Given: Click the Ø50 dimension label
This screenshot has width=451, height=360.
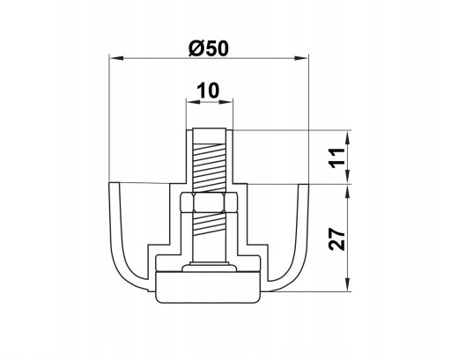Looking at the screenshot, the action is pyautogui.click(x=208, y=48).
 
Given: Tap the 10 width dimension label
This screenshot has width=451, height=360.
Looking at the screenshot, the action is pyautogui.click(x=208, y=91).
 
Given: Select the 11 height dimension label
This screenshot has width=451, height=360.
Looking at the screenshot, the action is pyautogui.click(x=337, y=158).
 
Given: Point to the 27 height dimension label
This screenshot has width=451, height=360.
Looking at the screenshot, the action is pyautogui.click(x=336, y=239).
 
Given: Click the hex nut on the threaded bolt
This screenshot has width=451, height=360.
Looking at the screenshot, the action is pyautogui.click(x=209, y=202).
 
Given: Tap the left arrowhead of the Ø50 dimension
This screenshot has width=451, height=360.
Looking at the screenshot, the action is pyautogui.click(x=115, y=58).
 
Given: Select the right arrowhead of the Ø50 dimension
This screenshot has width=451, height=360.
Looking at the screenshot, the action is pyautogui.click(x=301, y=58).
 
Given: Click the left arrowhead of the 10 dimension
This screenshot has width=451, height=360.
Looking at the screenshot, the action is pyautogui.click(x=193, y=102).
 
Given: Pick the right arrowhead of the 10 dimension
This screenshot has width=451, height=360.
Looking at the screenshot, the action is pyautogui.click(x=225, y=102).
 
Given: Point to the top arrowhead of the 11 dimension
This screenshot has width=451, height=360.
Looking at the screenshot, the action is pyautogui.click(x=347, y=137).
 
